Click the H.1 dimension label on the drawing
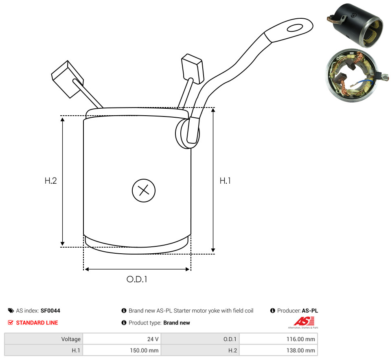(225, 181)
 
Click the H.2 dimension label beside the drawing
(50, 181)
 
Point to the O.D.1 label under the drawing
(137, 279)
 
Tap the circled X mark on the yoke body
(144, 190)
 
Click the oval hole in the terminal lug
(295, 28)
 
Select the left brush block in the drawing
(67, 79)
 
